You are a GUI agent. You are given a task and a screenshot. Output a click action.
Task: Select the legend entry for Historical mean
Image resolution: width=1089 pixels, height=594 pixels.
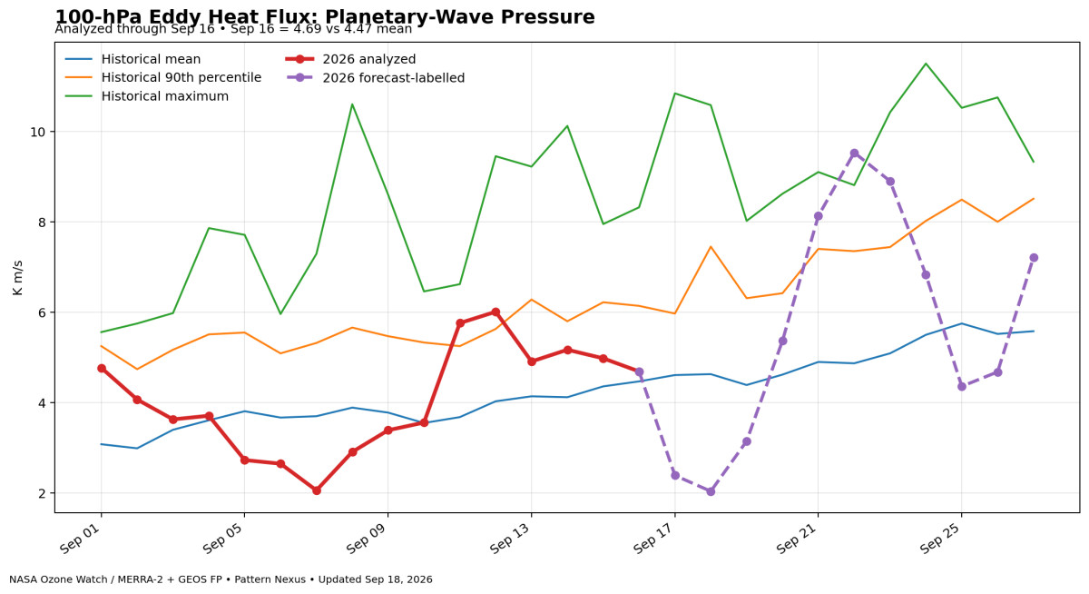pos(132,59)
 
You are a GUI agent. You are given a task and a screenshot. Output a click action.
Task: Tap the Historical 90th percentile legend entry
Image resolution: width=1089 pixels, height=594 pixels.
pos(162,78)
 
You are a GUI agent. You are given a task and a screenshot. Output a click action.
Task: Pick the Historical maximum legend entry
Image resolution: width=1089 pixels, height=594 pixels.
pos(146,96)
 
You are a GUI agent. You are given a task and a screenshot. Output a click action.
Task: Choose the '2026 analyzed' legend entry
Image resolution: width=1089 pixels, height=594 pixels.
pos(350,59)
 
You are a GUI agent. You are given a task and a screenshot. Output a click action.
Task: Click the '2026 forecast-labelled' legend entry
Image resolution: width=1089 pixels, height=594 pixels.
pos(375,78)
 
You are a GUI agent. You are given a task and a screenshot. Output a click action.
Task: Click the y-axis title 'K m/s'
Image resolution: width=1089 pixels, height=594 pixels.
pos(17,278)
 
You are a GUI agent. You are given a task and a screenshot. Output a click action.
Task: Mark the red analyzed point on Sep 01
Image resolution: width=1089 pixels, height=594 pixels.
pos(101,368)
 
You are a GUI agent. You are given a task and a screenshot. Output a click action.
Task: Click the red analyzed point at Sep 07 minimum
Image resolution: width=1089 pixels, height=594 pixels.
pos(317,490)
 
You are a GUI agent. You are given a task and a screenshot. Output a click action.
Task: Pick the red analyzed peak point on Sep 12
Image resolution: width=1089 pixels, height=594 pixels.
pos(495,312)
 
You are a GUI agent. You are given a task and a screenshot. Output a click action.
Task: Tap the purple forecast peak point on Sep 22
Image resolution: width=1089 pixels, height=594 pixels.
pos(854,153)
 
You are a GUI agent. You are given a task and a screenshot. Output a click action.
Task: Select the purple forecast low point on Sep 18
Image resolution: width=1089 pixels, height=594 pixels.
pos(711,491)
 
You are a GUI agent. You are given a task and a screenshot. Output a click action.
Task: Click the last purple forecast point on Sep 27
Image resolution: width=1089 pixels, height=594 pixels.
pos(1034,258)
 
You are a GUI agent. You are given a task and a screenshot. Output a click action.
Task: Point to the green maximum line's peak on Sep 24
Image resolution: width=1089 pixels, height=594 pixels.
pos(926,64)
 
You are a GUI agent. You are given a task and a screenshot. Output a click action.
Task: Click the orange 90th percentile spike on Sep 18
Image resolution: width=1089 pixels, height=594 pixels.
pos(711,247)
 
